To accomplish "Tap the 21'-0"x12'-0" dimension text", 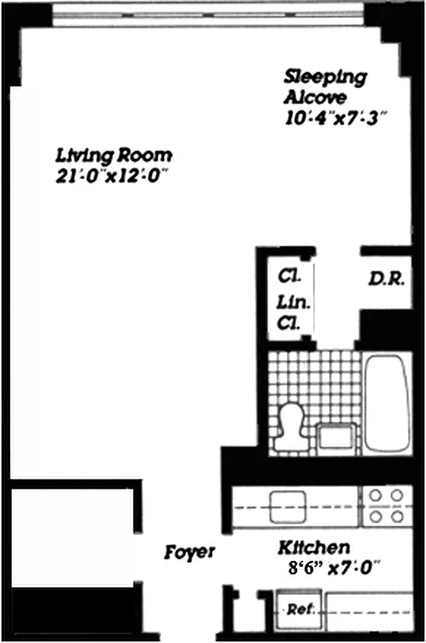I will (x=112, y=175).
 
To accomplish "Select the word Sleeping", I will (x=326, y=78).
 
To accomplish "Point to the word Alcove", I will (x=315, y=98).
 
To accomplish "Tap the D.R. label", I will (x=391, y=280).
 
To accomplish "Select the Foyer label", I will (x=190, y=552).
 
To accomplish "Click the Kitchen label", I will (x=313, y=548).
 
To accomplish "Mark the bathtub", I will (x=387, y=406).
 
